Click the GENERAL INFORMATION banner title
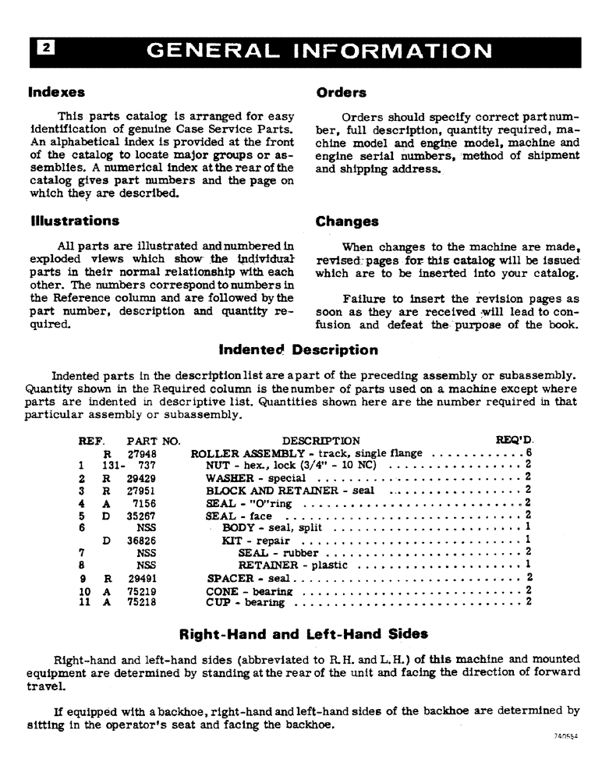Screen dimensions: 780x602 [319, 52]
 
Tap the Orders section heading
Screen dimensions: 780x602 [341, 92]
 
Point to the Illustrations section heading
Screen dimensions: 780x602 [75, 221]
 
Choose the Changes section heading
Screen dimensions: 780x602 [347, 221]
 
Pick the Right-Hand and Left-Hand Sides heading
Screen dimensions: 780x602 [303, 634]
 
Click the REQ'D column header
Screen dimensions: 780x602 [515, 441]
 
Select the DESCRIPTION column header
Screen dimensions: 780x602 [321, 441]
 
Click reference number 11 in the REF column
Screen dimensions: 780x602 [84, 603]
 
